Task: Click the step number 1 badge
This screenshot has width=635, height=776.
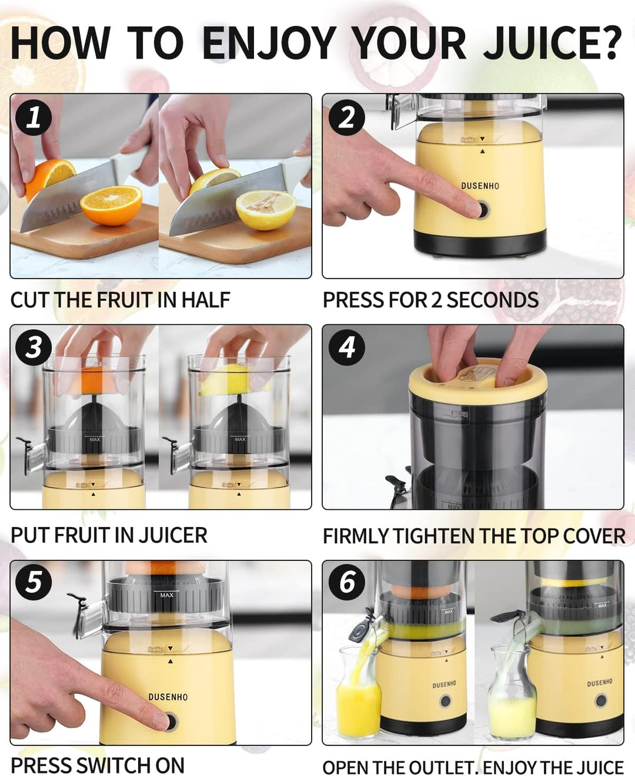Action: click(34, 117)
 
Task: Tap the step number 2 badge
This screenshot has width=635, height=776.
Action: click(347, 117)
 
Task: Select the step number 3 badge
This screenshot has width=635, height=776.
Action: click(34, 348)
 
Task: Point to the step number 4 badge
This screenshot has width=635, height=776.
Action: click(347, 348)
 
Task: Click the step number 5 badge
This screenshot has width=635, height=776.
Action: click(34, 582)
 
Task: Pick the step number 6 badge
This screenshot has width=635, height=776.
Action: click(347, 582)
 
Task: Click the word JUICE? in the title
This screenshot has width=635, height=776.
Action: click(552, 43)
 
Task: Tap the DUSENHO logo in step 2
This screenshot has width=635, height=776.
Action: click(480, 186)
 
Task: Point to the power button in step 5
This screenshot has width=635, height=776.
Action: click(171, 721)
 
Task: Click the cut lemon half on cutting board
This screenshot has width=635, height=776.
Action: click(266, 210)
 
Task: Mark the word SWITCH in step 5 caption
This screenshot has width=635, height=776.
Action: click(113, 765)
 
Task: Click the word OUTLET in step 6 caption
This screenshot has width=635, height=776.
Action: click(438, 767)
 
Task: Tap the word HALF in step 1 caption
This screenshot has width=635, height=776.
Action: click(205, 300)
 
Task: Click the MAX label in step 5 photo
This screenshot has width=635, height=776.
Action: click(167, 595)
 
